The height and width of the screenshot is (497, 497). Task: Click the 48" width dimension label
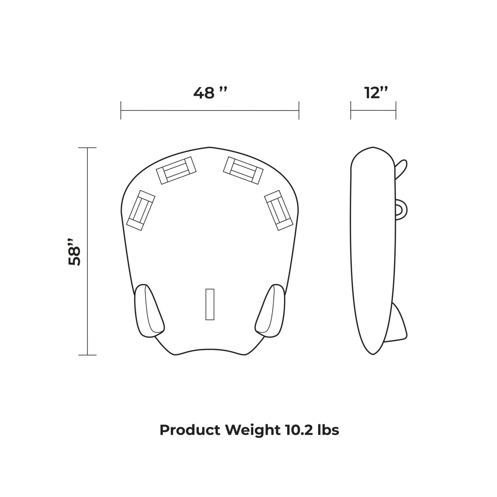210,93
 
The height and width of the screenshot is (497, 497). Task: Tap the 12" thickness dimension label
376,93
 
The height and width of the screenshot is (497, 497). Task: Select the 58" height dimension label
75,251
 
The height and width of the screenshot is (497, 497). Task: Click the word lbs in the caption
328,430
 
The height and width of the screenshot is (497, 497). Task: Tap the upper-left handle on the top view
176,170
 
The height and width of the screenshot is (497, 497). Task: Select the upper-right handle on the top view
243,170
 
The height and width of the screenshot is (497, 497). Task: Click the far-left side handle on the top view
141,210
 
